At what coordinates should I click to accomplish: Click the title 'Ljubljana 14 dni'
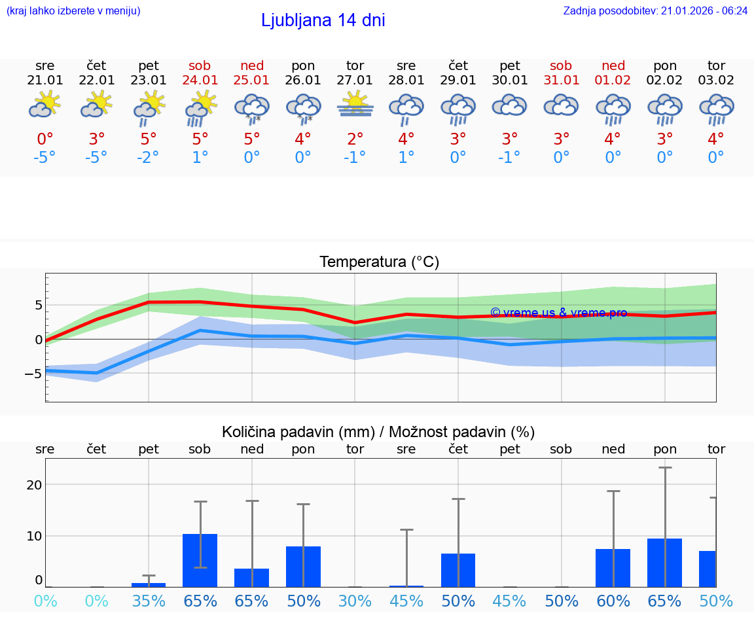[323, 20]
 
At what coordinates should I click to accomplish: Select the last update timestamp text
[655, 10]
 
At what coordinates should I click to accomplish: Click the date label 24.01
[200, 80]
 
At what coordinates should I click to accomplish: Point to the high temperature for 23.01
[149, 139]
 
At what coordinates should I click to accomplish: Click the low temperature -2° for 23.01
[149, 158]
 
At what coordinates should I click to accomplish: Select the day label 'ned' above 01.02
[613, 65]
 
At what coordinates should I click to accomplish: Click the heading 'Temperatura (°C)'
[379, 262]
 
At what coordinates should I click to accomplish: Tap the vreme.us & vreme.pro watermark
[558, 313]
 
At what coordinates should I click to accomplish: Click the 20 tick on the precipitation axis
[34, 485]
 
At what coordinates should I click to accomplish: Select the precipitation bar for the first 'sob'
[200, 561]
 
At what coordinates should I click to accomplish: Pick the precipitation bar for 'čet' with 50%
[458, 570]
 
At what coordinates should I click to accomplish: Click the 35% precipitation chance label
[149, 601]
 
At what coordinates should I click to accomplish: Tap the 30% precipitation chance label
[355, 601]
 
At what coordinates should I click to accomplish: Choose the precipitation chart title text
[378, 432]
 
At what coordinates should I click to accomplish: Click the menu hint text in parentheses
[73, 10]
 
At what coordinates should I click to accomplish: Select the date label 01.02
[613, 80]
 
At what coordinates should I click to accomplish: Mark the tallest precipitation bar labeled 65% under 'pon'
[665, 563]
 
